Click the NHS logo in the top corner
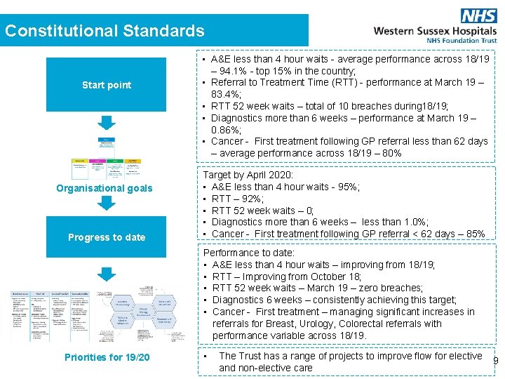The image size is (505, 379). click(x=478, y=15)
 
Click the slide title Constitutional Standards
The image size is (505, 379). click(x=105, y=31)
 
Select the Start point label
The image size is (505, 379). click(x=107, y=85)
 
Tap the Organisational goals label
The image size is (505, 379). click(x=105, y=188)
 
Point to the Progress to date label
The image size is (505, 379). click(x=107, y=237)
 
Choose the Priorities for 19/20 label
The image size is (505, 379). click(x=107, y=357)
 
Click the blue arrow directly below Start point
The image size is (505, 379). click(x=106, y=124)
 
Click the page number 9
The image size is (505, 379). click(x=496, y=361)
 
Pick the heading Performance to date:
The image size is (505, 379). click(x=249, y=253)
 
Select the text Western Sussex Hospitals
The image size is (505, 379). click(x=435, y=31)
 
